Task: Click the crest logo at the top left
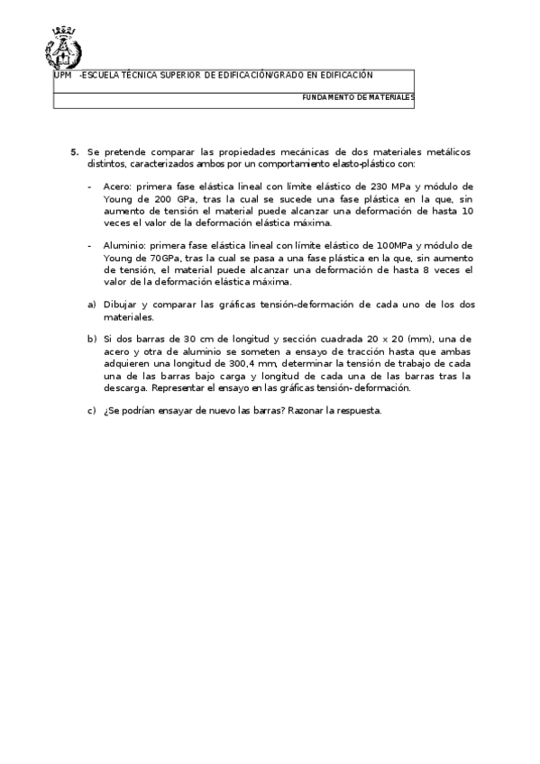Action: click(x=62, y=48)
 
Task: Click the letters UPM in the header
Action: click(x=62, y=76)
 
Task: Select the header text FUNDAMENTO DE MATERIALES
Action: click(x=358, y=96)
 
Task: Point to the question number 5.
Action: click(x=75, y=152)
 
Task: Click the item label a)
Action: click(x=92, y=305)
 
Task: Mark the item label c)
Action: click(x=92, y=412)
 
